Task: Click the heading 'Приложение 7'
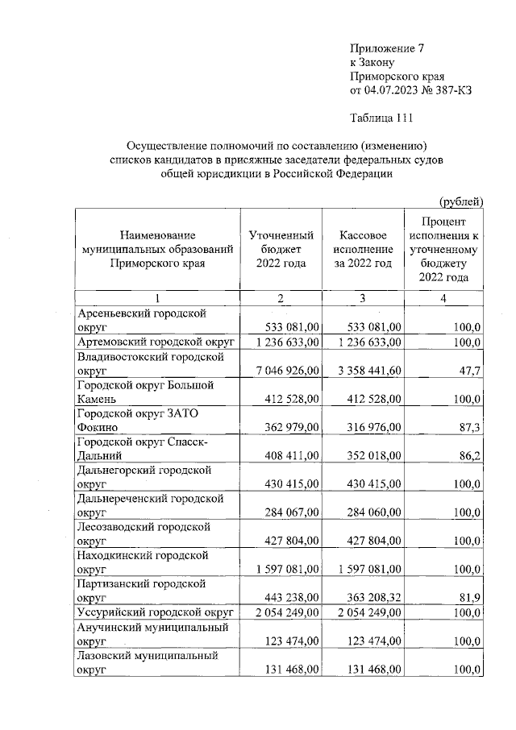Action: (x=386, y=48)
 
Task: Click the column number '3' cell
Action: (x=363, y=299)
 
